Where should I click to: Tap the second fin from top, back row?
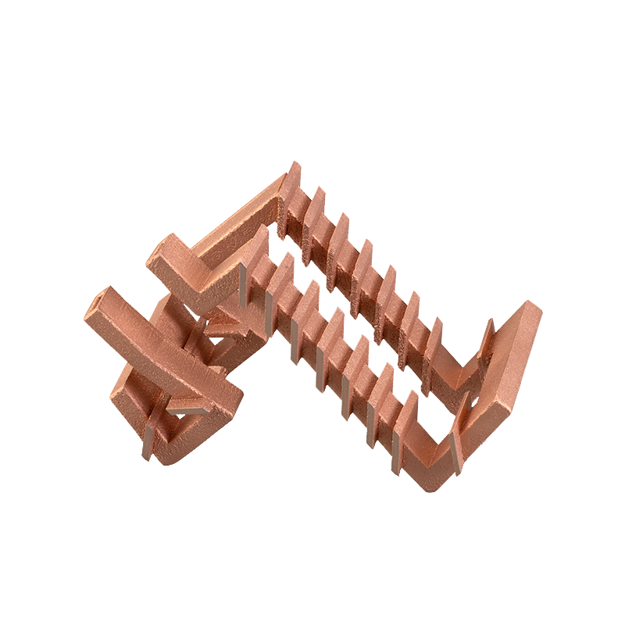[x=316, y=205]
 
